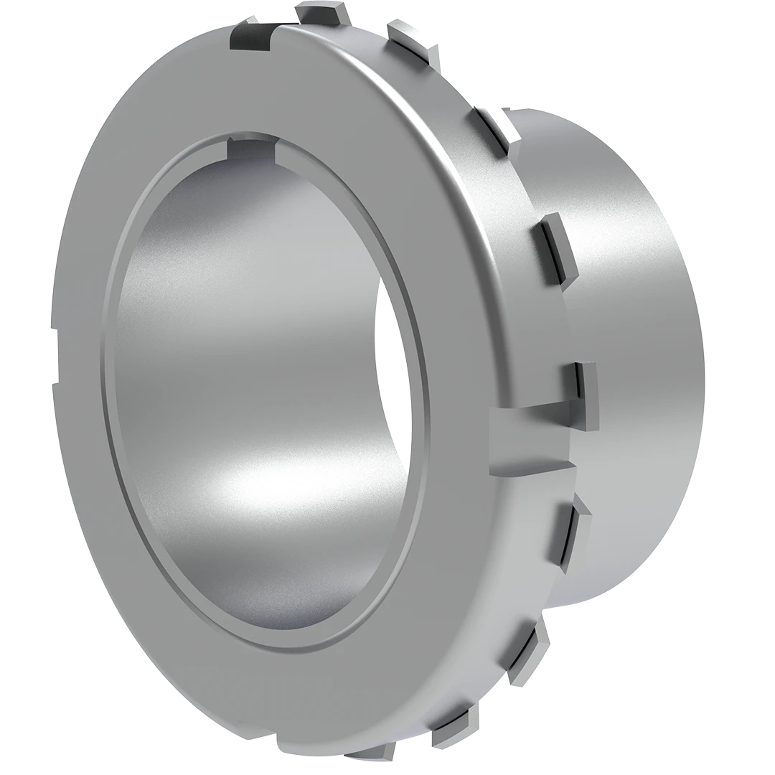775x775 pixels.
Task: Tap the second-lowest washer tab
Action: (452, 725)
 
